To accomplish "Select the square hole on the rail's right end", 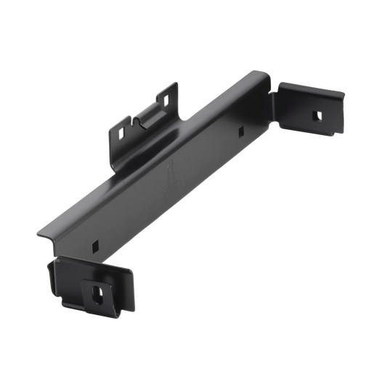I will [240, 131].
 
